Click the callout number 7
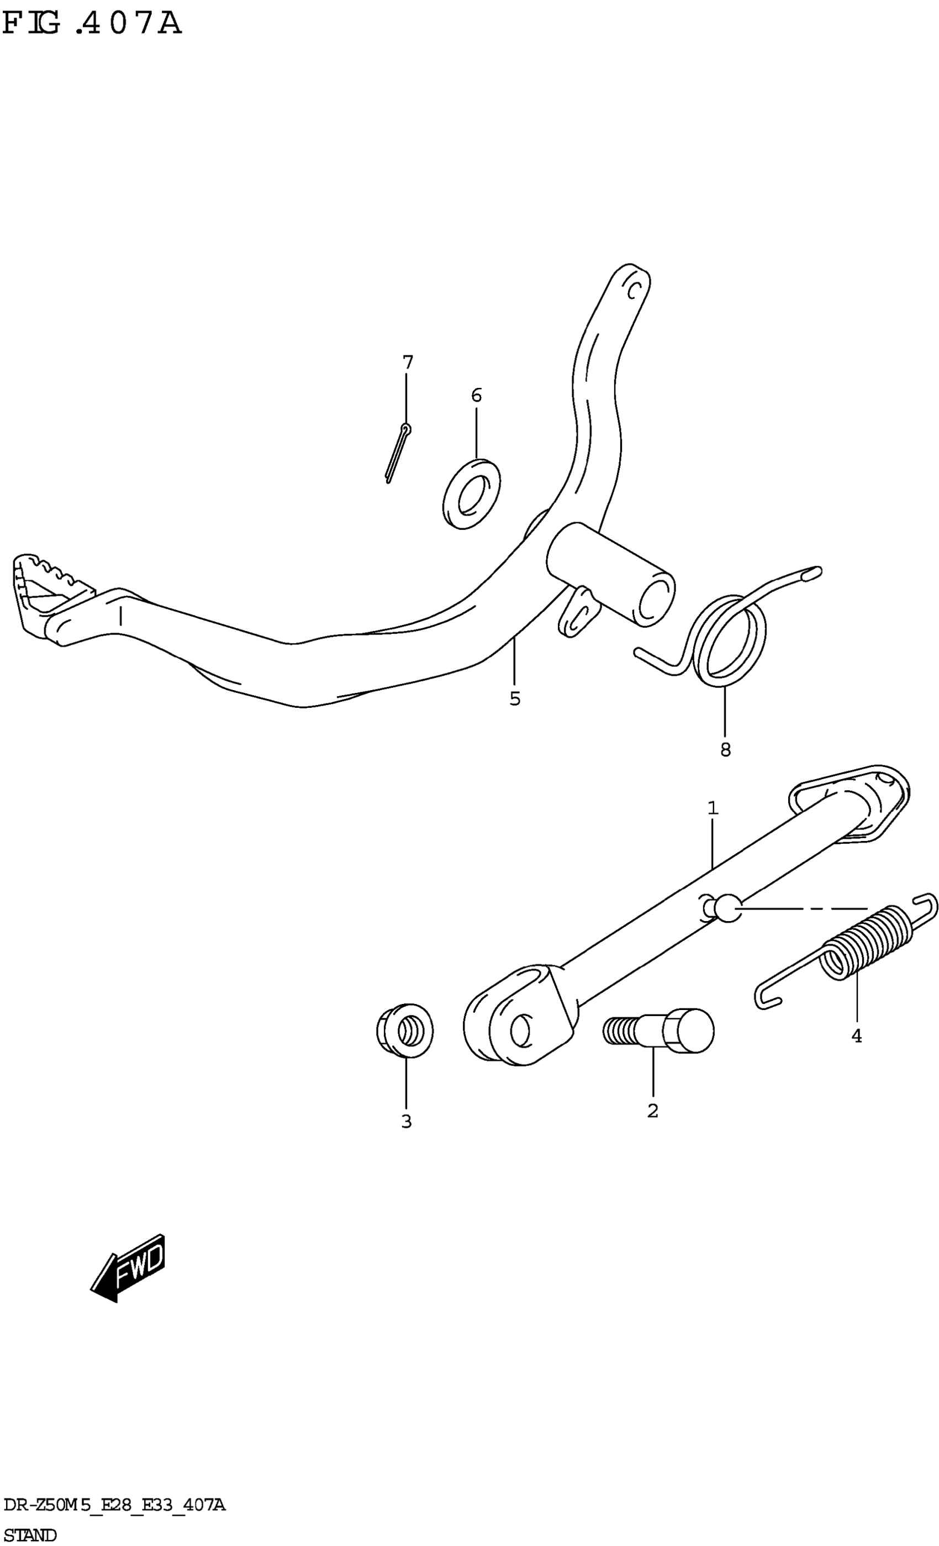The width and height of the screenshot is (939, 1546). coord(408,362)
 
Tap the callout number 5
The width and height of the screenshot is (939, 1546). coord(514,698)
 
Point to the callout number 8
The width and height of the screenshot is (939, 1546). coord(725,749)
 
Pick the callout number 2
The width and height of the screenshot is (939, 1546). coord(652,1111)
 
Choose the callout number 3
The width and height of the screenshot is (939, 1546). coord(407,1121)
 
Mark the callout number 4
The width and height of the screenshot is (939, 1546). coord(856,1037)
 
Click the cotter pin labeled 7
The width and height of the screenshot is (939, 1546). coord(397,453)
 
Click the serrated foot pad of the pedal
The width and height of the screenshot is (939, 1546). coord(44,590)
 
